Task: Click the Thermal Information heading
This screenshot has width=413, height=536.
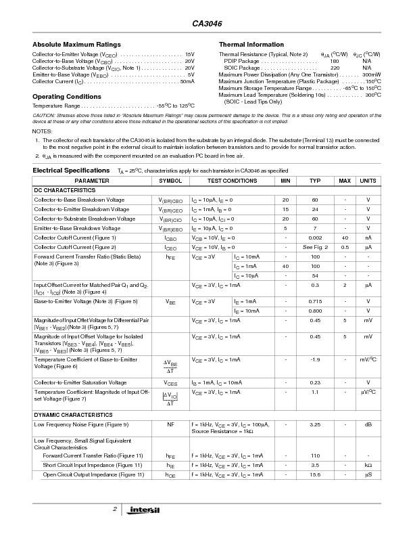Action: pos(251,45)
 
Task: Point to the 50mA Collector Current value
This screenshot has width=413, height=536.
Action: pos(187,81)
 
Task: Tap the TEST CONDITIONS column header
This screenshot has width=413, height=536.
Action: pos(232,181)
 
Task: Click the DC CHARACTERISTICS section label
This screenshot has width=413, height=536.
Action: pos(64,191)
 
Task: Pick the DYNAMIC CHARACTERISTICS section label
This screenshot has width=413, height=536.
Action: pos(73,414)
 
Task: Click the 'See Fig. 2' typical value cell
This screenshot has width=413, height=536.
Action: pos(315,248)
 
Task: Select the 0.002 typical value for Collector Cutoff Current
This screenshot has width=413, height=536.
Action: pos(315,238)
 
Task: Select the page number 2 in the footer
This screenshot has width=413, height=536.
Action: pos(115,508)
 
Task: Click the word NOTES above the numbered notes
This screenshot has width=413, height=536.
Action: pos(42,131)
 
